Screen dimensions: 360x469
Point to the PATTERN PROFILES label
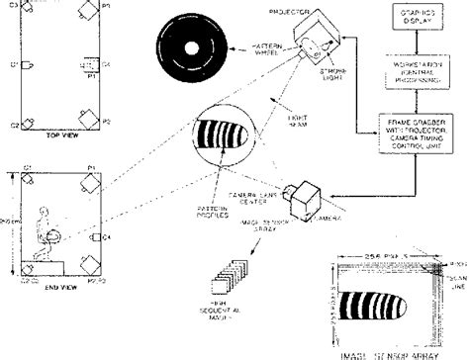212,211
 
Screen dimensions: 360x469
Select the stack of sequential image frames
233,268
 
